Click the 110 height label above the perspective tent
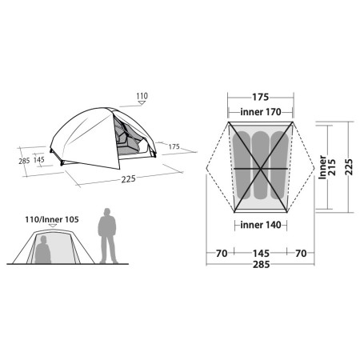(x=142, y=97)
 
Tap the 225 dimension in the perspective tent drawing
(x=127, y=179)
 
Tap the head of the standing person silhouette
(x=107, y=214)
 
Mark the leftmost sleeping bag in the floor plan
(x=241, y=164)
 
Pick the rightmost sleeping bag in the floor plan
(x=278, y=164)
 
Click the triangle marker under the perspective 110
(x=142, y=106)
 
